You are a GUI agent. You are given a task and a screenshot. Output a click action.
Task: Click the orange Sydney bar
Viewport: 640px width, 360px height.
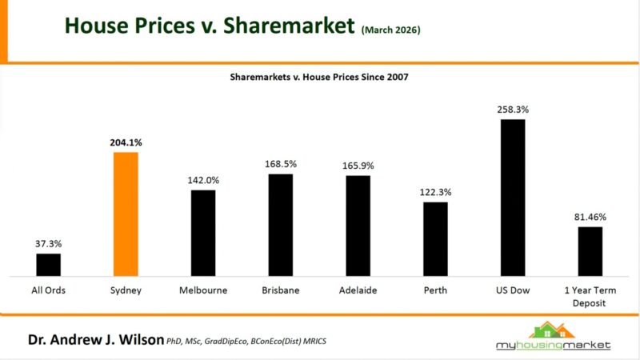pyautogui.click(x=126, y=214)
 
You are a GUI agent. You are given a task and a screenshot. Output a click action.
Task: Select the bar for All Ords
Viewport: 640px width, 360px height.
pyautogui.click(x=49, y=265)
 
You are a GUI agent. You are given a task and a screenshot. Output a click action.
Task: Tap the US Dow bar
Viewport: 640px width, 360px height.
pyautogui.click(x=513, y=198)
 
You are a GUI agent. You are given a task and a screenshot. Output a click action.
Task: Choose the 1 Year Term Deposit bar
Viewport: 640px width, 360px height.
pyautogui.click(x=590, y=251)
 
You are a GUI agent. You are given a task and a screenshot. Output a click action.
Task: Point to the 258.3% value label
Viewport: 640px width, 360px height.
pyautogui.click(x=513, y=108)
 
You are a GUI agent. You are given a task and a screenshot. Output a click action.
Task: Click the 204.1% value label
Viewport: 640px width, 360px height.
pyautogui.click(x=126, y=142)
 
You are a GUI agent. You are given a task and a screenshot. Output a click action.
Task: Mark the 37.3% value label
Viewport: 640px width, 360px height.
pyautogui.click(x=49, y=243)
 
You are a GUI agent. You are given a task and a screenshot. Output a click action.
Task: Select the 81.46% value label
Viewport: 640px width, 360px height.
pyautogui.click(x=590, y=216)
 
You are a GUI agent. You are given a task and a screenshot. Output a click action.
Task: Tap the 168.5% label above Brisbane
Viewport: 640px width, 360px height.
pyautogui.click(x=281, y=163)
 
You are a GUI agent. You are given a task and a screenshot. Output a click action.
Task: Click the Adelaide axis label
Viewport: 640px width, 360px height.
pyautogui.click(x=358, y=290)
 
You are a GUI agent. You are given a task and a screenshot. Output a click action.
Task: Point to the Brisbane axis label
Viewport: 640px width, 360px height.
pyautogui.click(x=281, y=290)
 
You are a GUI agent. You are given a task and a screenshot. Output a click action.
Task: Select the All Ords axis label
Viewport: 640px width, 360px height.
pyautogui.click(x=49, y=290)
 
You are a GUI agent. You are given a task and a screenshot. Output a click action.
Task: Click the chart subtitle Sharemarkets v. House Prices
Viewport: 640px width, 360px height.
pyautogui.click(x=320, y=78)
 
